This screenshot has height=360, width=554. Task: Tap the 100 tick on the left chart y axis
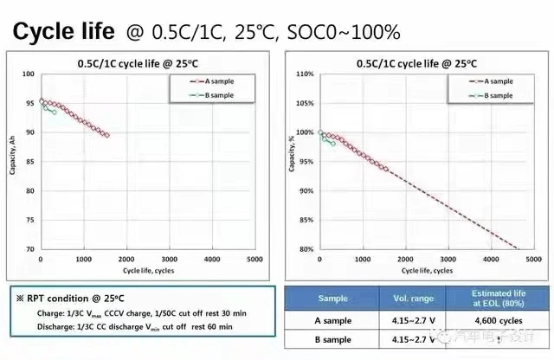click(29, 74)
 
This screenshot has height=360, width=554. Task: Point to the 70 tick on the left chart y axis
click(30, 249)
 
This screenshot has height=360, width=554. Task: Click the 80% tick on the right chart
click(305, 249)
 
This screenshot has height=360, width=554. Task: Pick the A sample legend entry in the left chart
click(216, 81)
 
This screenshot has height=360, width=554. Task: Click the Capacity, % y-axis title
click(291, 160)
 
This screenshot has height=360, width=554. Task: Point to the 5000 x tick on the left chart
click(254, 259)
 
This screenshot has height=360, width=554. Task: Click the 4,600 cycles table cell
click(495, 320)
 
